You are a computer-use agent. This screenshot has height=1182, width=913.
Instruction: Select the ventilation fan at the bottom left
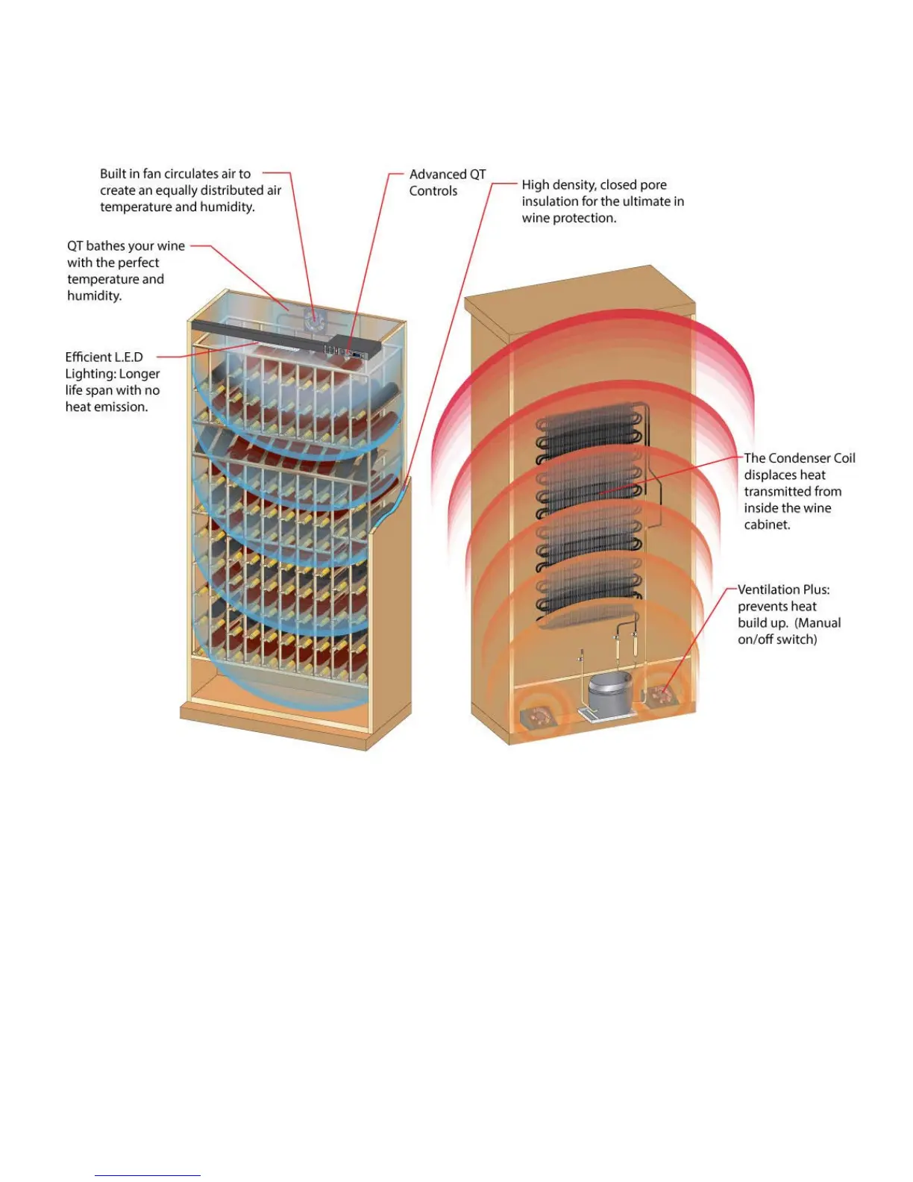tap(536, 717)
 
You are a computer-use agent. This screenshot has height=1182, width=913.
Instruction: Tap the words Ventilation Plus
tap(783, 590)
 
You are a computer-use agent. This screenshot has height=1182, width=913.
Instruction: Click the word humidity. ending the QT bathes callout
tap(94, 296)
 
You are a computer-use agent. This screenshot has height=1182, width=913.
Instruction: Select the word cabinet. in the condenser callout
tap(767, 525)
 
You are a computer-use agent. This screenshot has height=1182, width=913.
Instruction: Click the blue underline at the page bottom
tap(148, 1175)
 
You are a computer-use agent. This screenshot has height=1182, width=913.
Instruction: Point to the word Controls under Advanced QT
tap(433, 191)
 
